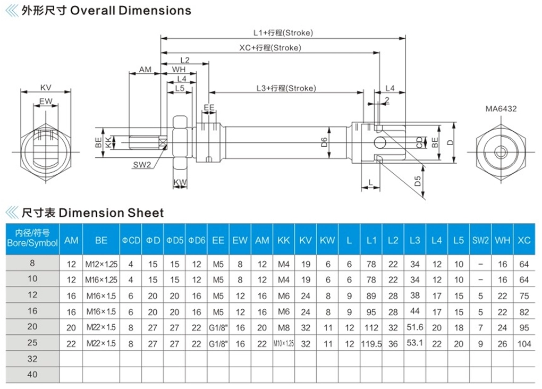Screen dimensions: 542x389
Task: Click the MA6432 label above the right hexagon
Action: (x=501, y=109)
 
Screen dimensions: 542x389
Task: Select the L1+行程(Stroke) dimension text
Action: (x=283, y=33)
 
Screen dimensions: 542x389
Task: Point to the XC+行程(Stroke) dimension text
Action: (x=270, y=48)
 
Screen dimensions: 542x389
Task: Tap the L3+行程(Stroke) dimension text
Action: (x=286, y=88)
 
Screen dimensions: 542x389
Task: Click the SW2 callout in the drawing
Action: (x=142, y=165)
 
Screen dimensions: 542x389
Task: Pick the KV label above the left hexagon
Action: (x=46, y=88)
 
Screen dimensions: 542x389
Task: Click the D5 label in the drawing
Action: (x=418, y=181)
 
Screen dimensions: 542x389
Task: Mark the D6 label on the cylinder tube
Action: (x=324, y=142)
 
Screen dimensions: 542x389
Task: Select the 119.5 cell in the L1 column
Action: (x=371, y=344)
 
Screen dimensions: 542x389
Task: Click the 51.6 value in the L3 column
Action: (x=415, y=327)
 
